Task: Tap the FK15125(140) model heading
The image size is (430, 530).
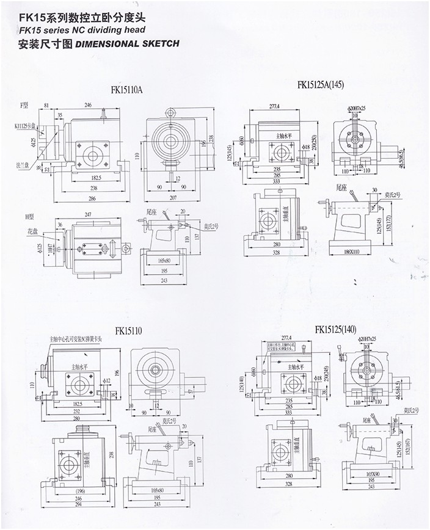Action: (335, 330)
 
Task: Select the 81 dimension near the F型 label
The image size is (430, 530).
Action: (47, 106)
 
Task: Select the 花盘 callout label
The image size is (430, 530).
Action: (24, 232)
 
